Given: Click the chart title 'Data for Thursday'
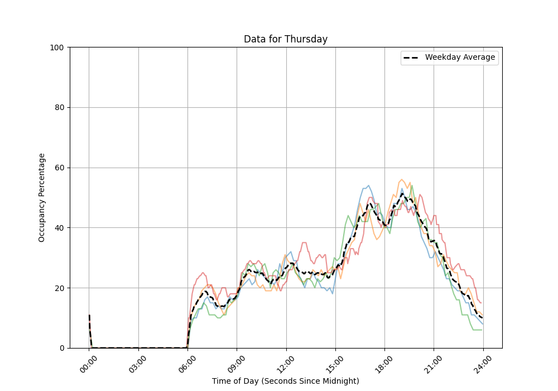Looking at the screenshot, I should (285, 39).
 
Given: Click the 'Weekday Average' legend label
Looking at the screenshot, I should (460, 58).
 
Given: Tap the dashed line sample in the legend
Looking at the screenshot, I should (412, 58).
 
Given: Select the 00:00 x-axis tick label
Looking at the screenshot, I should (89, 363).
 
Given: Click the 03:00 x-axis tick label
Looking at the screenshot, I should (138, 363).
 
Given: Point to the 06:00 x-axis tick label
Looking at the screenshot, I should (187, 363).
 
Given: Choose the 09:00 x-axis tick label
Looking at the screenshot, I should (237, 363).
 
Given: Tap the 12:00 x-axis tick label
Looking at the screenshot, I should (286, 363).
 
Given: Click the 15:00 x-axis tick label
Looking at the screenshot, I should (335, 363).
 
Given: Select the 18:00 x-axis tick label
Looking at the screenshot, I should (384, 363).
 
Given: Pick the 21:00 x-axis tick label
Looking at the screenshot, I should (434, 363).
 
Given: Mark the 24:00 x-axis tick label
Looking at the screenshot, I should (483, 363).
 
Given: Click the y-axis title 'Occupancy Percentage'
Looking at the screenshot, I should (42, 198).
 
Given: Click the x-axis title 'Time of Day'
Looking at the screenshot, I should (285, 381).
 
